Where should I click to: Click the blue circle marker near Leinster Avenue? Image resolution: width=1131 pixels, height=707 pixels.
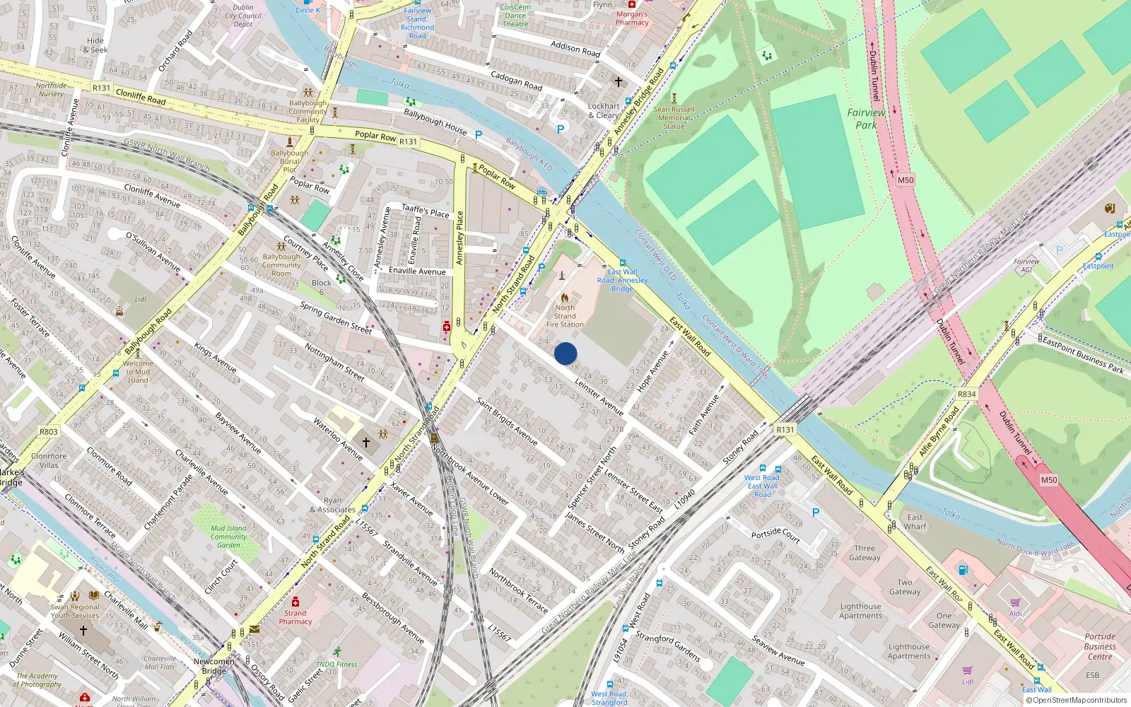[565, 353]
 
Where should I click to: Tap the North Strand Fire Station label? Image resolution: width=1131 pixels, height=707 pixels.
[565, 316]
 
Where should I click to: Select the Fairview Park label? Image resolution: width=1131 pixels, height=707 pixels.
[866, 119]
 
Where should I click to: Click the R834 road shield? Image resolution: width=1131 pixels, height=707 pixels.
[966, 395]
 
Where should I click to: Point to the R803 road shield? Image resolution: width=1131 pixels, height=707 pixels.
[49, 432]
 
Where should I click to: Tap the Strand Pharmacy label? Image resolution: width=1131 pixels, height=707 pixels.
[295, 617]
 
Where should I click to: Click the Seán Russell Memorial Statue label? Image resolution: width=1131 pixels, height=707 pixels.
[674, 117]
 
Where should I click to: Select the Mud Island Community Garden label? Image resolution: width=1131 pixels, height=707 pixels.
[228, 537]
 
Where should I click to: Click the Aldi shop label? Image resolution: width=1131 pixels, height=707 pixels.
[1016, 613]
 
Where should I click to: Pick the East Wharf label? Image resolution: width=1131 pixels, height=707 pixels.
[915, 522]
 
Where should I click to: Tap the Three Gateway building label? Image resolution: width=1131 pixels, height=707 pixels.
[865, 553]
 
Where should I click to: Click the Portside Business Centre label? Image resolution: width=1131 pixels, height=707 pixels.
[1100, 646]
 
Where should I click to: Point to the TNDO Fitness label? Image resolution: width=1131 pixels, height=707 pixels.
[336, 664]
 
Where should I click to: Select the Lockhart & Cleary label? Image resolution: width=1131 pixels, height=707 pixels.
[604, 110]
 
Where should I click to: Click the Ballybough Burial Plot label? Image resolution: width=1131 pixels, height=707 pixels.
[289, 161]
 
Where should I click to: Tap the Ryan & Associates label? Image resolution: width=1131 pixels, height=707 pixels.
[332, 505]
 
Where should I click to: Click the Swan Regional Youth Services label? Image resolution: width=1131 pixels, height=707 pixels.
[75, 611]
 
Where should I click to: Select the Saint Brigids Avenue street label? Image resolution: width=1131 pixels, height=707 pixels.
[507, 421]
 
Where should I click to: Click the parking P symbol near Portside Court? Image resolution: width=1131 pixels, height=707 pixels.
[816, 513]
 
